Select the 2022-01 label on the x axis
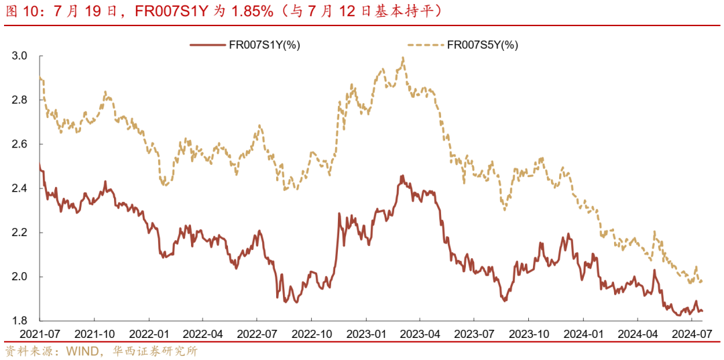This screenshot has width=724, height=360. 149,334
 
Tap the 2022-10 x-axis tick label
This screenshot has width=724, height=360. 312,334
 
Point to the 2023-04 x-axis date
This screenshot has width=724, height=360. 420,334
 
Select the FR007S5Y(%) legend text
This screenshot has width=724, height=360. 482,45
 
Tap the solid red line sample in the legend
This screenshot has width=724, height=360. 210,45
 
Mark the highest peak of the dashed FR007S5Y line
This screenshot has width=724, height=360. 403,58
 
